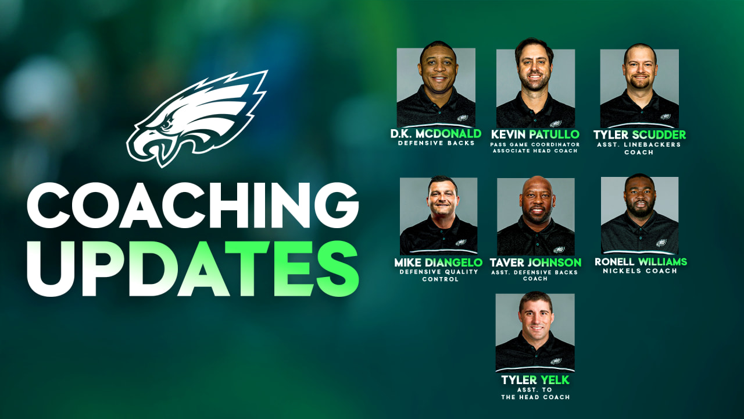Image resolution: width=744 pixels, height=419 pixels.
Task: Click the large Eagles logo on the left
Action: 196,118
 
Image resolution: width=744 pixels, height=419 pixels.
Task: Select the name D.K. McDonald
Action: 436,134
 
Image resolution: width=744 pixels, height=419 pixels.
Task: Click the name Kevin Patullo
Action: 535,134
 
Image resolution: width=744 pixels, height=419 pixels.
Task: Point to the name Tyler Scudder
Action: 639,134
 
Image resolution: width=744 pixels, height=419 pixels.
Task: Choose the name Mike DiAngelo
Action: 438,262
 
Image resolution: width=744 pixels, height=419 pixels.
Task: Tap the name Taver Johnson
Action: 535,262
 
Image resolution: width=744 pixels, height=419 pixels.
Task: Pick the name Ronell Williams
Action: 641,262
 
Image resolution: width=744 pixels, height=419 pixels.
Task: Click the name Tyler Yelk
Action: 535,380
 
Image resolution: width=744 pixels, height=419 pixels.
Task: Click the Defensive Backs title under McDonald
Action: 436,143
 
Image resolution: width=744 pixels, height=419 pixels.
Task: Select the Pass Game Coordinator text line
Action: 535,144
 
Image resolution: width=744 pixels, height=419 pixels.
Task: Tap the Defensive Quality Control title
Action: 438,275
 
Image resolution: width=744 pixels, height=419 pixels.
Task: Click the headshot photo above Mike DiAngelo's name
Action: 438,216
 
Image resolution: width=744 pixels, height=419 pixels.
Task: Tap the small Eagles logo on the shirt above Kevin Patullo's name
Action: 556,123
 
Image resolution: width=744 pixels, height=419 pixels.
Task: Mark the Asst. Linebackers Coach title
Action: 639,148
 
